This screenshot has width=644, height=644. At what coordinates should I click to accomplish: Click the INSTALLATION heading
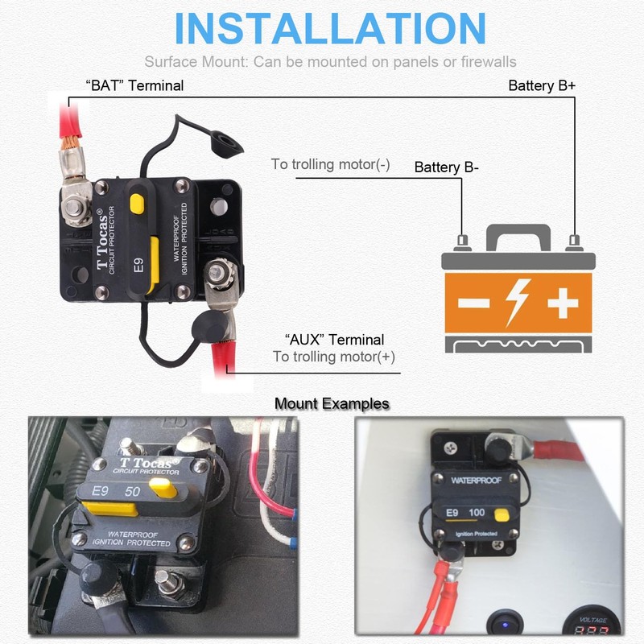[330, 29]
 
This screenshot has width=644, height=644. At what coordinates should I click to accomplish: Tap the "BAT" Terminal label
[134, 85]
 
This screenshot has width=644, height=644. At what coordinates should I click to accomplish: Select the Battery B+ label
[542, 85]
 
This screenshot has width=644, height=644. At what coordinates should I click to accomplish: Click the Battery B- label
[447, 167]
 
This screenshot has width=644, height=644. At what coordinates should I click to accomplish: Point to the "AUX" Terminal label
[334, 340]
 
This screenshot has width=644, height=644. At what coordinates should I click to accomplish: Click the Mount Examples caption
[332, 403]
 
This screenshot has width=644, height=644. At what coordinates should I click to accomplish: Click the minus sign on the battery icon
[473, 304]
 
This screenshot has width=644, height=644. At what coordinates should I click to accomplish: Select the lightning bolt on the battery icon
[516, 303]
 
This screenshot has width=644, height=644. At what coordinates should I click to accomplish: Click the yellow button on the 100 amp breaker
[502, 515]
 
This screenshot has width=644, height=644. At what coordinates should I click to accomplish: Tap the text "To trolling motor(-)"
[330, 164]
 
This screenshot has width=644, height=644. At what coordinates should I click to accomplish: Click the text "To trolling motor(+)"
[334, 357]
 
